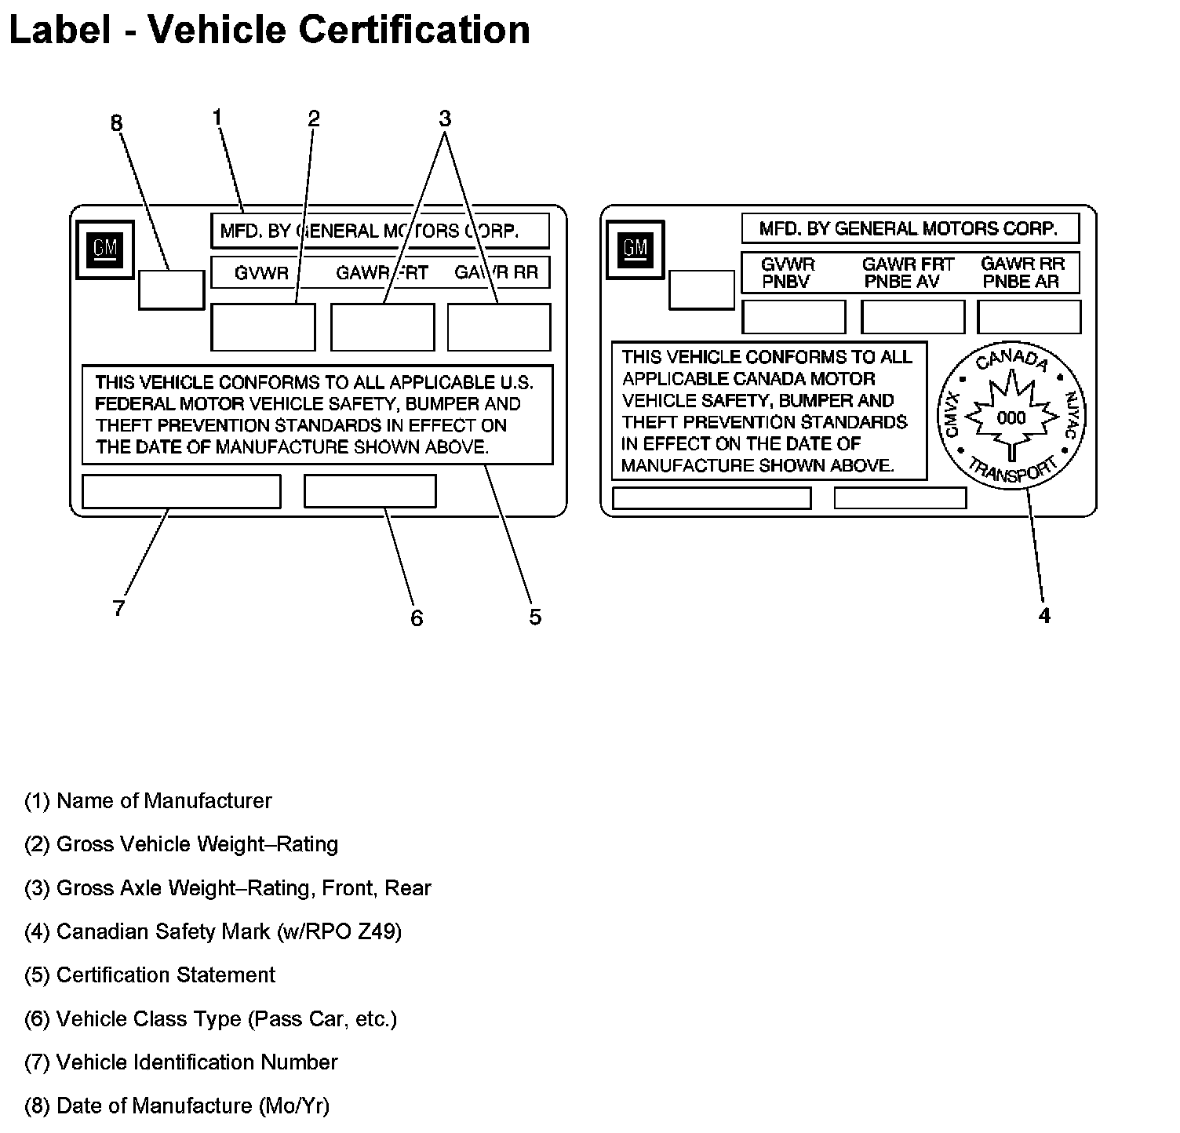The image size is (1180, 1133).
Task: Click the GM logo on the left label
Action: point(105,250)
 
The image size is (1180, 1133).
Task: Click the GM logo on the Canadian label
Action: point(635,250)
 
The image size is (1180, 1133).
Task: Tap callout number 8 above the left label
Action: point(116,123)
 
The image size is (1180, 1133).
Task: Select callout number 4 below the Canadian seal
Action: point(1043,616)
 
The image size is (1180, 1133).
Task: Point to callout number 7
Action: point(118,608)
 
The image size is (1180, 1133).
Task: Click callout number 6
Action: point(417,618)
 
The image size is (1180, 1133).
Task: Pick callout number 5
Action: point(534,617)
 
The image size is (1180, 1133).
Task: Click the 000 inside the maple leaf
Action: point(1011,417)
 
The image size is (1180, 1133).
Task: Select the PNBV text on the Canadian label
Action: point(785,282)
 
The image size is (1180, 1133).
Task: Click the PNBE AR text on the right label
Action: point(1021,282)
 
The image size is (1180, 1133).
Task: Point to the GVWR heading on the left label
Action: point(261,273)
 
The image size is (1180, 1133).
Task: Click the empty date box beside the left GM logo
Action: point(171,290)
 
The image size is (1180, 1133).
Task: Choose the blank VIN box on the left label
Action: point(181,491)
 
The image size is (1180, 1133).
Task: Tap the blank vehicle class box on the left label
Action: point(370,491)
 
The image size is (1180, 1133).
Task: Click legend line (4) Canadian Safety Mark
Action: point(213,931)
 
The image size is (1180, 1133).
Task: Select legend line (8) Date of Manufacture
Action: point(177,1106)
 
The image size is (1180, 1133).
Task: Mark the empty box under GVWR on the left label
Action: point(263,327)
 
